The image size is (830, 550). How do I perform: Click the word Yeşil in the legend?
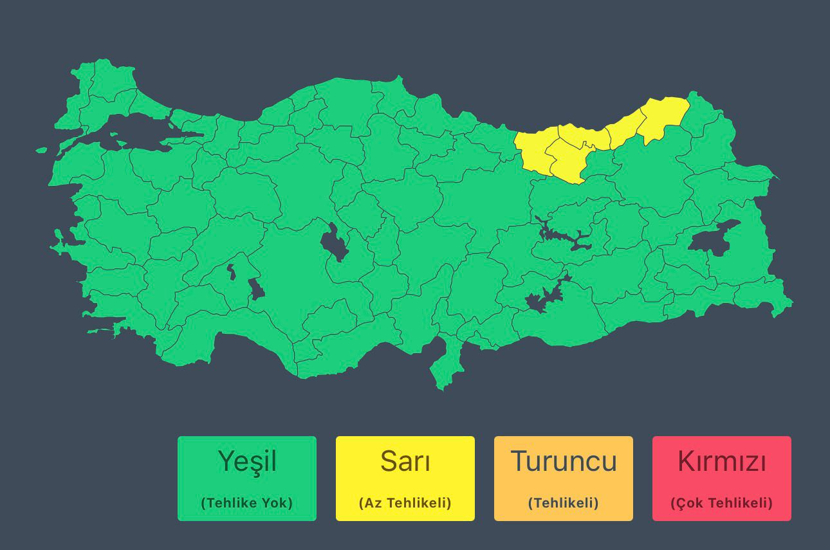click(247, 461)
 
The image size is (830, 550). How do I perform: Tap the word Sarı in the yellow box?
click(405, 461)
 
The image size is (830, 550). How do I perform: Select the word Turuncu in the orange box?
click(564, 461)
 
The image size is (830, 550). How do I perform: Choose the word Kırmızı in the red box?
click(722, 461)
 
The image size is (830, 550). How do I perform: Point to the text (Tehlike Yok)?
click(247, 503)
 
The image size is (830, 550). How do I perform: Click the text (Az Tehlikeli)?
click(405, 503)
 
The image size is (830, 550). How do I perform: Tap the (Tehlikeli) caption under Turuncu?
click(564, 503)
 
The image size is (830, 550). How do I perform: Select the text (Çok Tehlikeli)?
click(722, 503)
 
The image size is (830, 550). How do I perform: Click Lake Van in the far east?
click(711, 238)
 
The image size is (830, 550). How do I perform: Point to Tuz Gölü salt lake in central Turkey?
click(334, 243)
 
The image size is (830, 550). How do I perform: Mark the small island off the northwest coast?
click(41, 151)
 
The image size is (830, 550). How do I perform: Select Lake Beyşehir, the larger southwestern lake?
click(256, 289)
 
